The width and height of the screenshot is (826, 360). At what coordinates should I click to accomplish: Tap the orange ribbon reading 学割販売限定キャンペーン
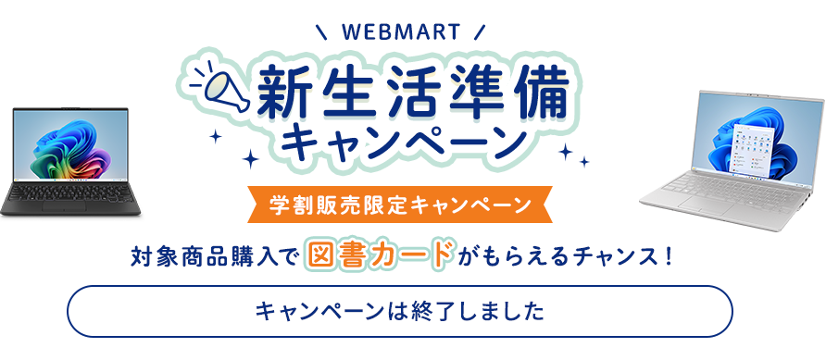click(x=400, y=205)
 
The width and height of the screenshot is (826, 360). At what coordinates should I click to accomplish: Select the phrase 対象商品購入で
click(x=216, y=254)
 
